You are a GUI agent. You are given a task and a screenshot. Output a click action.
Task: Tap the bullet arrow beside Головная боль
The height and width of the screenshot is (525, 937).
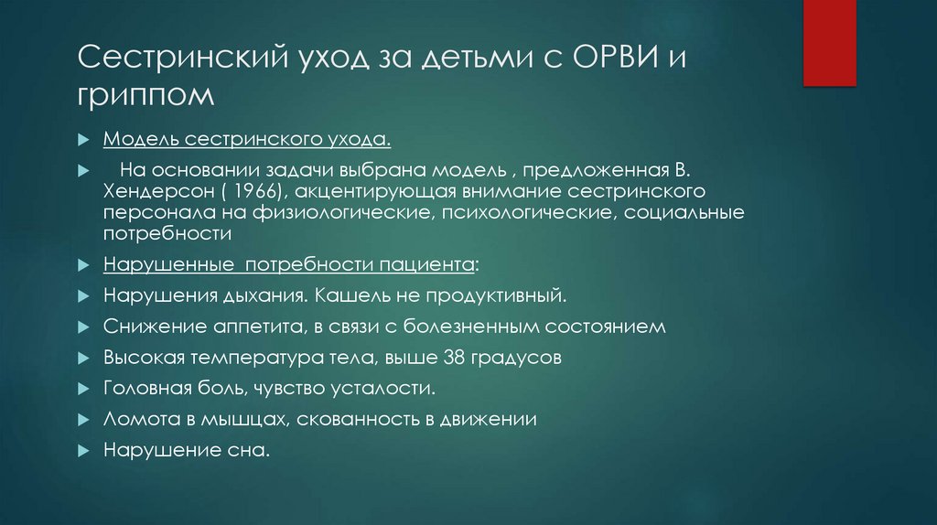pyautogui.click(x=84, y=389)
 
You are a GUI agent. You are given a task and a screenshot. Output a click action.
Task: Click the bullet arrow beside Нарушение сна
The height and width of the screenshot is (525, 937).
pyautogui.click(x=84, y=451)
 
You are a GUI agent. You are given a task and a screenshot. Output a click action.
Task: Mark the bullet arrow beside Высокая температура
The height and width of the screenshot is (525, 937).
pyautogui.click(x=84, y=359)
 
